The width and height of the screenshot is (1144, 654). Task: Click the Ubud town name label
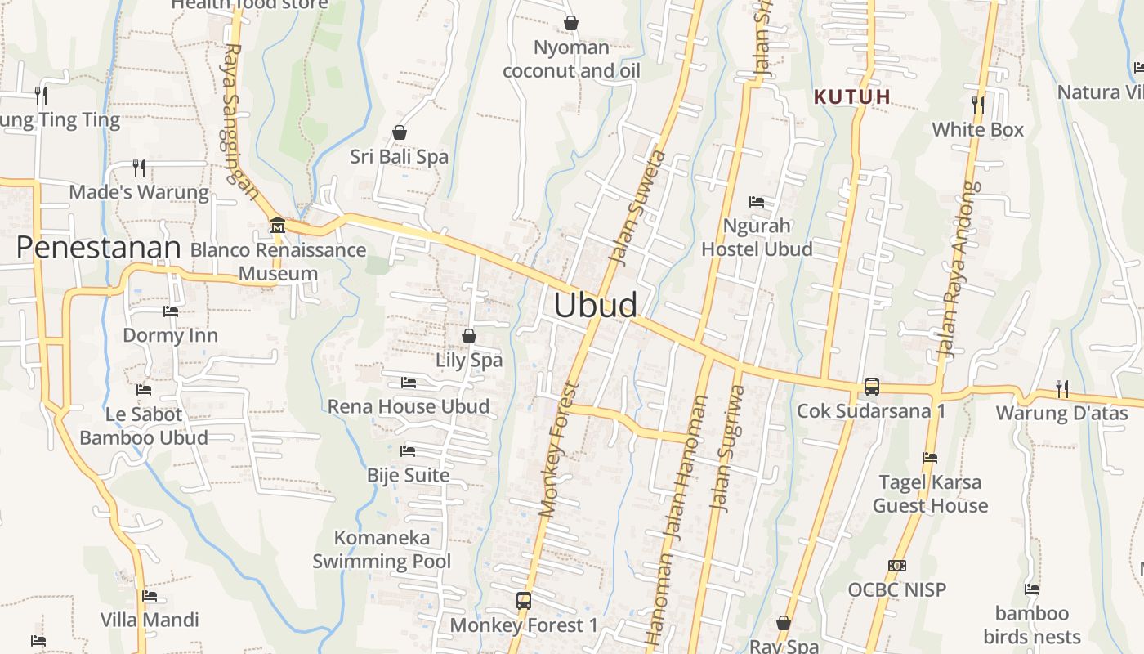[x=596, y=305]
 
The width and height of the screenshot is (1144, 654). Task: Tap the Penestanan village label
[x=98, y=247]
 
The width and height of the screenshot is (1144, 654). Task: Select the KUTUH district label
[x=852, y=96]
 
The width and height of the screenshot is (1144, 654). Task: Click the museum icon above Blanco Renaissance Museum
[x=277, y=225]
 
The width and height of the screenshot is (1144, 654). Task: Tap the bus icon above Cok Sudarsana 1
[x=872, y=386]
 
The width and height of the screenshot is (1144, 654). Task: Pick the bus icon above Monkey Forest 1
[x=524, y=601]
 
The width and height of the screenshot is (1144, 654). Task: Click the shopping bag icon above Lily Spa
[x=469, y=335]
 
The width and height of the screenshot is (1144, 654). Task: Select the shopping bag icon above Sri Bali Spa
[x=400, y=132]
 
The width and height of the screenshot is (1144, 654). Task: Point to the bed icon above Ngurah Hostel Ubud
[x=757, y=201]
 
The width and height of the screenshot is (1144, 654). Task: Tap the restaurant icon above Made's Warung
[x=139, y=168]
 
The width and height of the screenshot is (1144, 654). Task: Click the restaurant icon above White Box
[x=977, y=105]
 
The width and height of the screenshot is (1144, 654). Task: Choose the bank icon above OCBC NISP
[x=896, y=565]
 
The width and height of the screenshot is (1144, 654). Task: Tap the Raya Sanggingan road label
[x=239, y=123]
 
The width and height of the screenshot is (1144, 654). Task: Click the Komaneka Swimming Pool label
[x=382, y=549]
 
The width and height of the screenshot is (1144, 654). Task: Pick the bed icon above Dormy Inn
[x=171, y=311]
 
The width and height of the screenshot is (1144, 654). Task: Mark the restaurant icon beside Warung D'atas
[x=1061, y=387]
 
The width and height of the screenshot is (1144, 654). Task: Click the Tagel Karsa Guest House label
[x=930, y=494]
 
